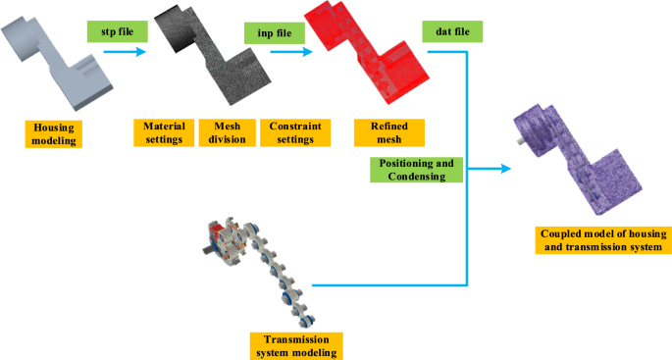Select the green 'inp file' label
(x=274, y=31)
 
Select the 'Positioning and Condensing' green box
(x=414, y=170)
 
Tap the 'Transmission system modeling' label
(x=295, y=345)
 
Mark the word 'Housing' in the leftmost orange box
(x=55, y=128)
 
